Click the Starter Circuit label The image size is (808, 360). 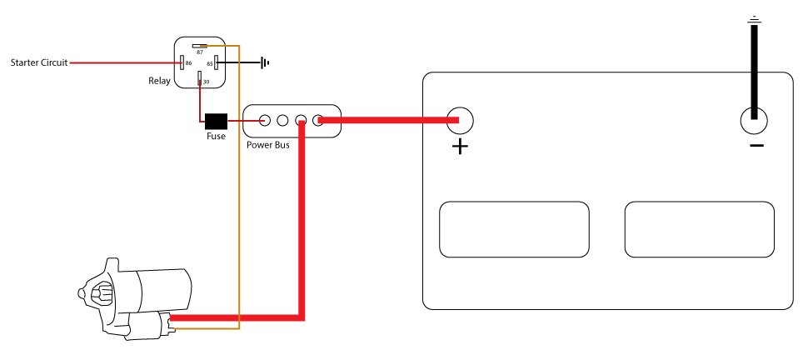(39, 63)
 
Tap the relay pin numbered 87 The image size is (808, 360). (200, 46)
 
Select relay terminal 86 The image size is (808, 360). (182, 63)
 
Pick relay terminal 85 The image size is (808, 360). (217, 63)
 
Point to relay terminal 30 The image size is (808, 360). (199, 78)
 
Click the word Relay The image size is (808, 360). (159, 81)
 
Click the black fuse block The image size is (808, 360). (216, 121)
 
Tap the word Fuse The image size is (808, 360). (216, 136)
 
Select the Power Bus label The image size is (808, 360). (268, 145)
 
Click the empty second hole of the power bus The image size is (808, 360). (282, 121)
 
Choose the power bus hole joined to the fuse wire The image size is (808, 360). (264, 121)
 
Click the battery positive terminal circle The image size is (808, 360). (460, 120)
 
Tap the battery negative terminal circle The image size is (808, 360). (754, 121)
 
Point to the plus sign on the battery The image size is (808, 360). (460, 147)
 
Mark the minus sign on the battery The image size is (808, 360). (756, 146)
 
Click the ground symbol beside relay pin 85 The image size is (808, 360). (265, 63)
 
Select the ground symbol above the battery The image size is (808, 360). (755, 20)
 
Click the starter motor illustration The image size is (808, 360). (134, 299)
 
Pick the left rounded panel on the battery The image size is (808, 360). (514, 229)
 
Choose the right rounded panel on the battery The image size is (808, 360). (699, 229)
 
